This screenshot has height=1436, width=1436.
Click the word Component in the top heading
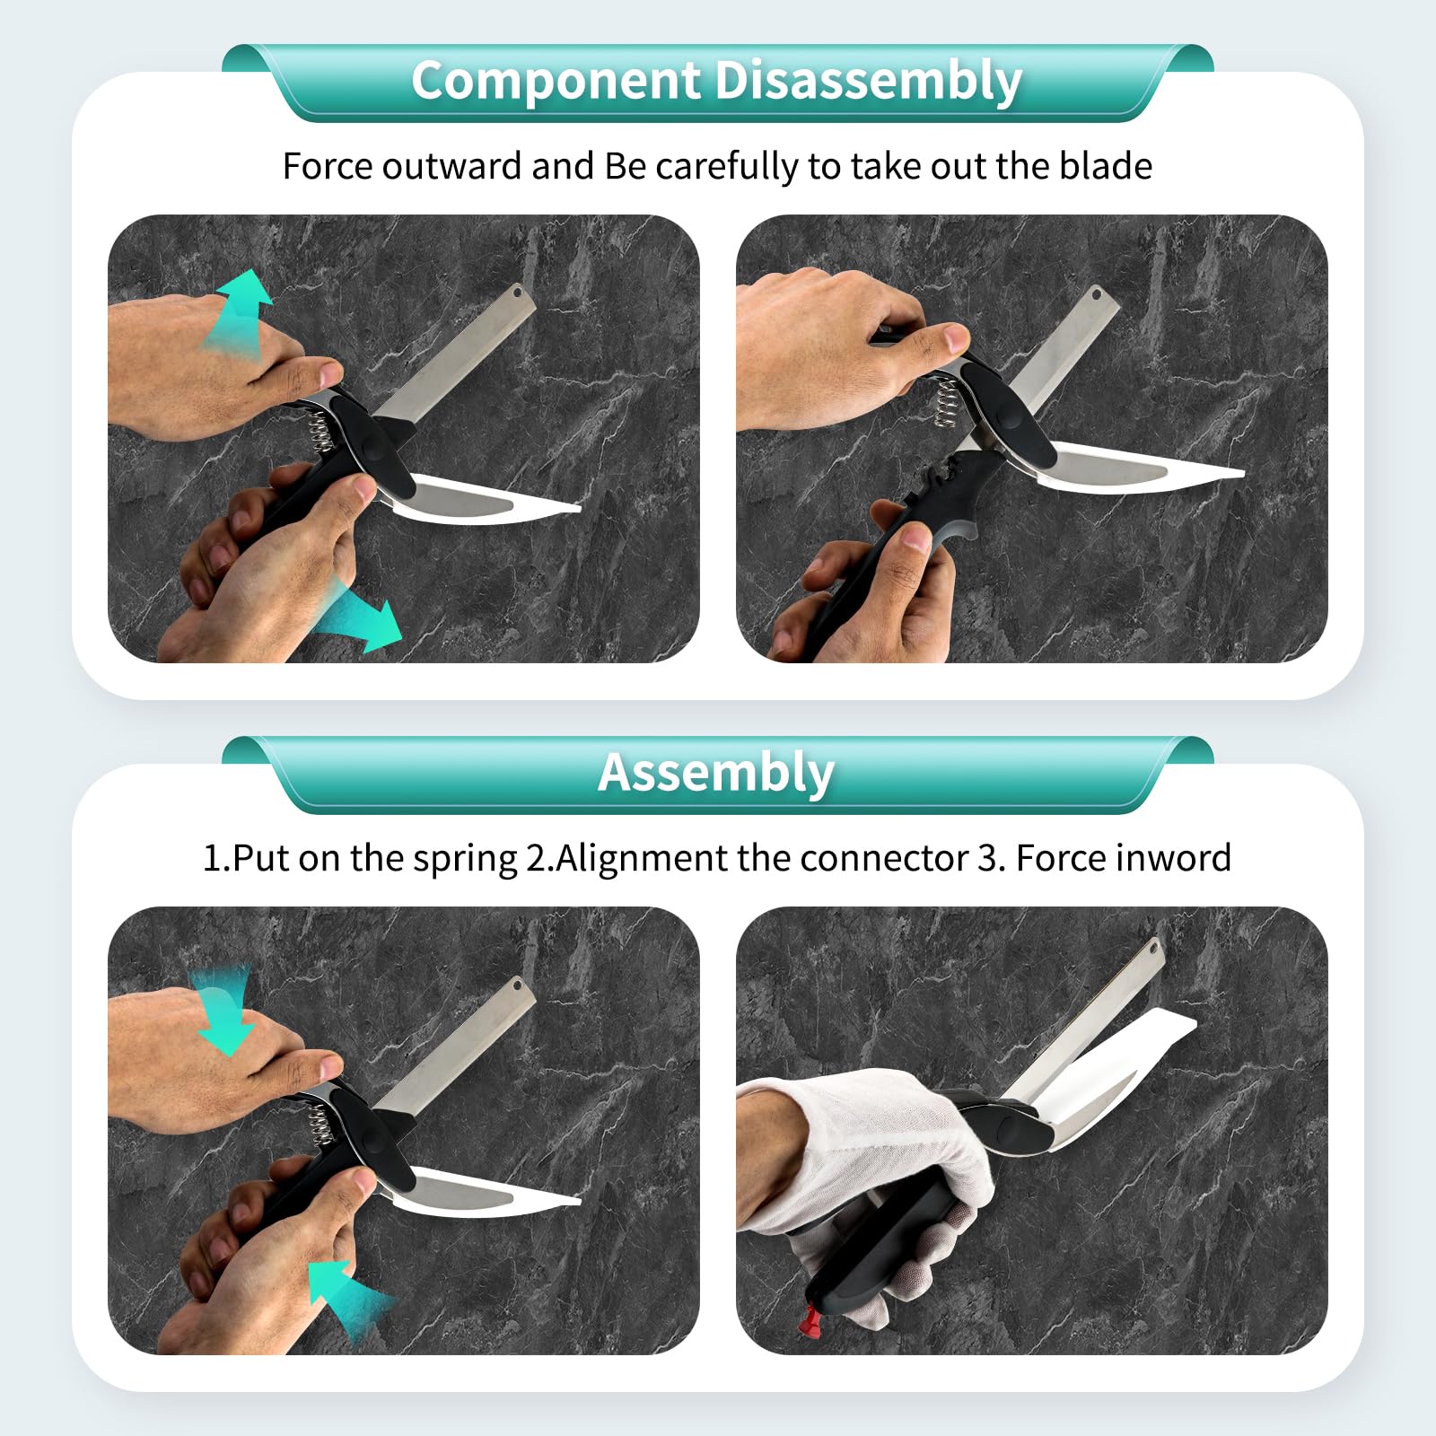556,81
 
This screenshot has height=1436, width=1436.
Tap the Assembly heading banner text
716,774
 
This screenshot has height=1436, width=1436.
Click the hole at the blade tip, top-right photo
1096,293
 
